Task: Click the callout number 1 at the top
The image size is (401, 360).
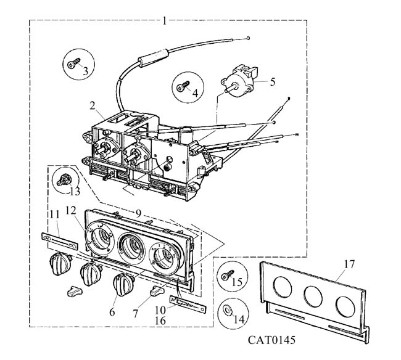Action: point(165,21)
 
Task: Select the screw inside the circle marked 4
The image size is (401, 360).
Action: point(183,86)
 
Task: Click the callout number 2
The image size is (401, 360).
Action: point(93,105)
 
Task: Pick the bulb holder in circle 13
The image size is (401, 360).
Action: point(64,180)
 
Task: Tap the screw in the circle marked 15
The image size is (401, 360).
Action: point(228,276)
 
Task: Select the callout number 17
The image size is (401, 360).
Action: point(349,264)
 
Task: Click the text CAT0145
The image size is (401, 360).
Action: point(271,340)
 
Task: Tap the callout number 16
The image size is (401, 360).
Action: point(160,321)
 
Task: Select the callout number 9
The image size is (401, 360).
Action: point(138,213)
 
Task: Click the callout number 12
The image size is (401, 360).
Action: point(70,211)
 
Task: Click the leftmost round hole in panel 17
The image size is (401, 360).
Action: point(283,287)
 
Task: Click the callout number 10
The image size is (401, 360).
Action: point(160,311)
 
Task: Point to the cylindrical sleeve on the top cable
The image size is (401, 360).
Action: point(153,58)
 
